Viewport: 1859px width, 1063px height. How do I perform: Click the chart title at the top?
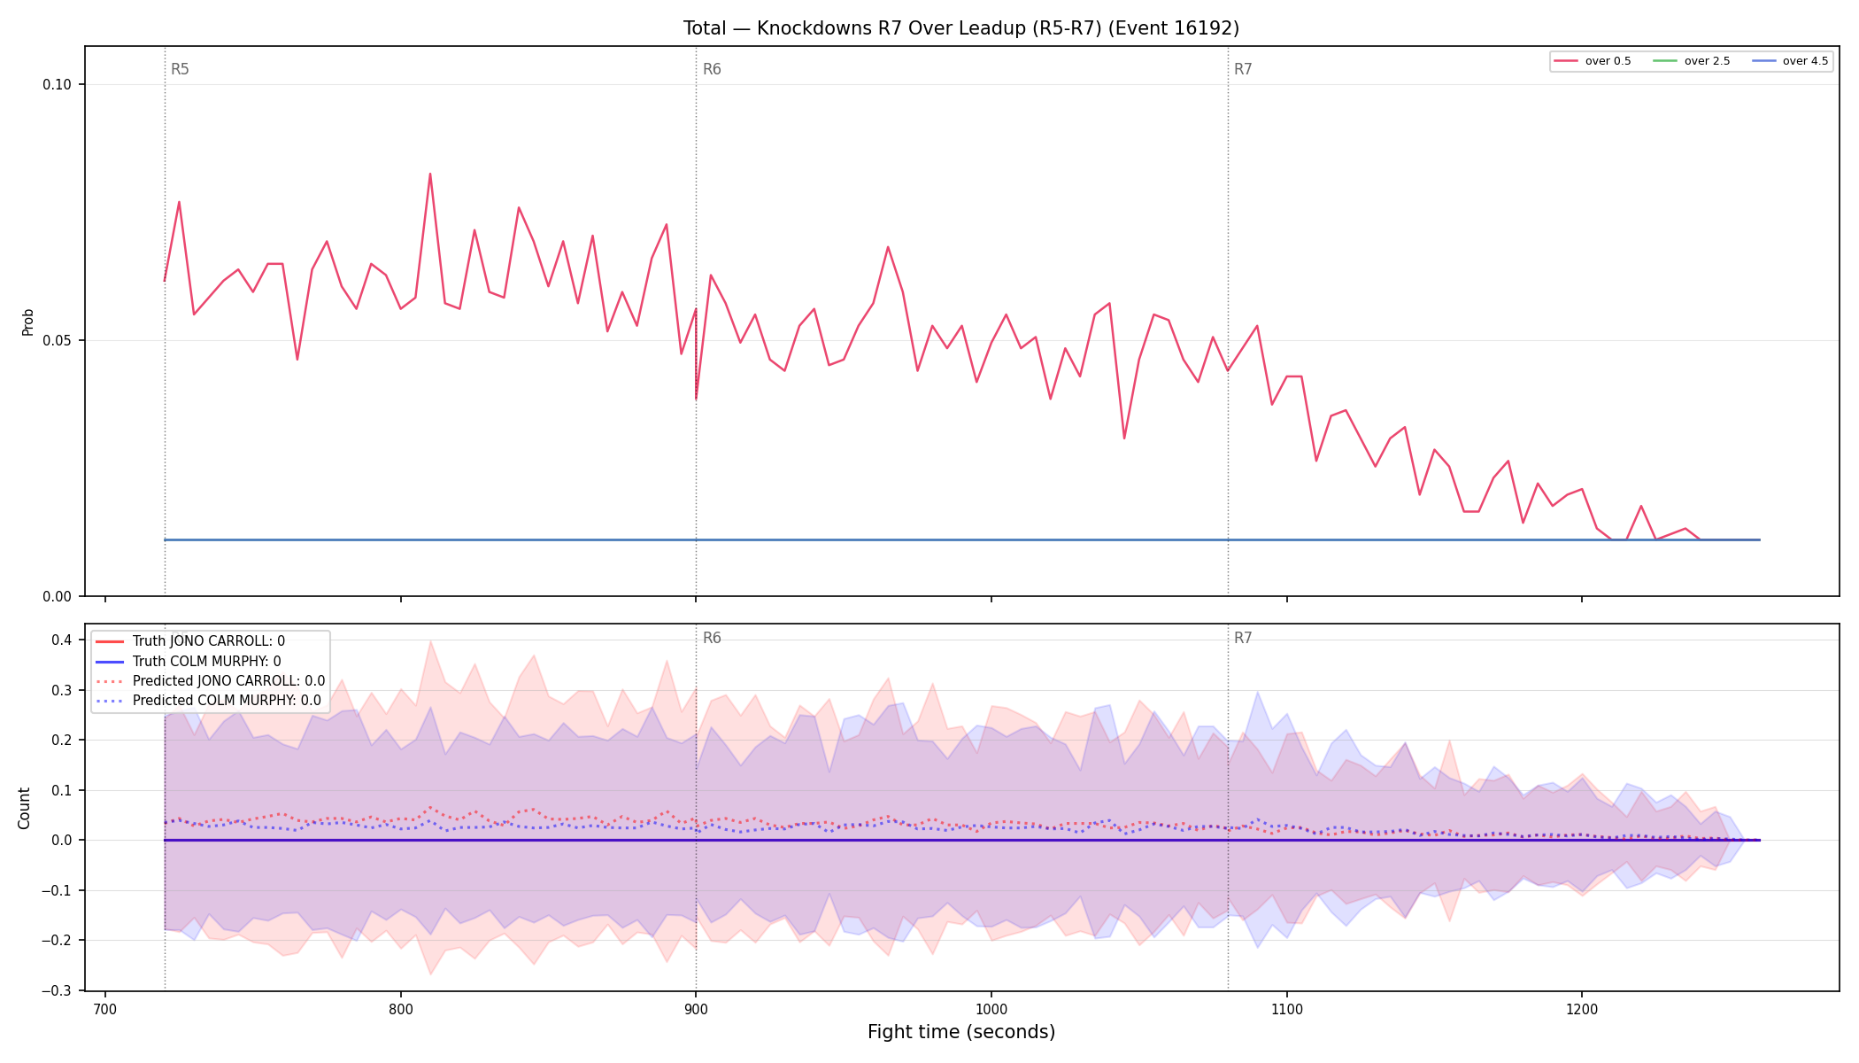click(x=960, y=28)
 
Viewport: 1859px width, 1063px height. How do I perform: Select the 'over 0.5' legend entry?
click(x=1593, y=61)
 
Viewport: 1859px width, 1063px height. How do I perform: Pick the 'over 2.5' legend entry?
click(x=1692, y=61)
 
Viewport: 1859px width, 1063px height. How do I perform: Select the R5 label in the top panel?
click(x=180, y=69)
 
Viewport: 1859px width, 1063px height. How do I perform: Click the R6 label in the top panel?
click(x=712, y=69)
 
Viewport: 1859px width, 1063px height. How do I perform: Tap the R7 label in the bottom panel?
click(x=1243, y=638)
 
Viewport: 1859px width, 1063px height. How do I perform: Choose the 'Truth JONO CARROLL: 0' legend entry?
click(x=209, y=641)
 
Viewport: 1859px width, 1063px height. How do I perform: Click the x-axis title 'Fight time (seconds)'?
click(x=961, y=1032)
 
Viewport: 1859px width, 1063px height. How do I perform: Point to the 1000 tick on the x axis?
click(x=991, y=1009)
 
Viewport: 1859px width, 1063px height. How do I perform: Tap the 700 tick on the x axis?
click(x=105, y=1009)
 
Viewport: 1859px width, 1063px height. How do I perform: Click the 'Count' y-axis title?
click(x=24, y=808)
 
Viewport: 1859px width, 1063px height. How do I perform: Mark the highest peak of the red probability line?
click(x=430, y=174)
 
